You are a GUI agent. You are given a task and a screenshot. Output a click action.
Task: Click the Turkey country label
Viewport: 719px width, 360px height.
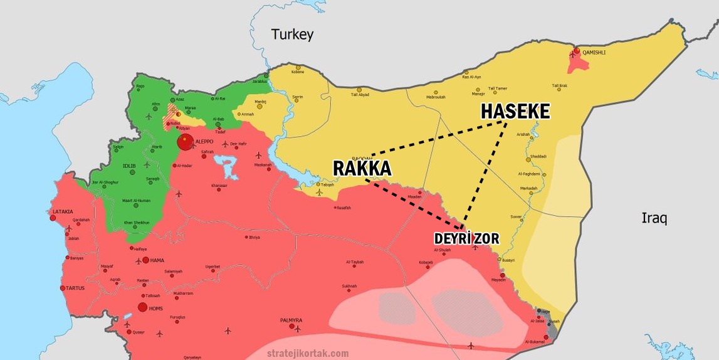[291, 34]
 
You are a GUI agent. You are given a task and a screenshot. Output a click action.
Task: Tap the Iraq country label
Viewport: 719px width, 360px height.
[654, 218]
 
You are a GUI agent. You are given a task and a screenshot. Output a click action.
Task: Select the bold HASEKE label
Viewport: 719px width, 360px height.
[515, 112]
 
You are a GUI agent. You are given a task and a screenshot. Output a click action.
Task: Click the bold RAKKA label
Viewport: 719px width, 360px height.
[362, 168]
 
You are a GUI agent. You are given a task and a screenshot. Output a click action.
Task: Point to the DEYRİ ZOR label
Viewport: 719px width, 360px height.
[466, 239]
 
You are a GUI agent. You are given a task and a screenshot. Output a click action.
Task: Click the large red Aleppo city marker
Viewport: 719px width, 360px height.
[185, 142]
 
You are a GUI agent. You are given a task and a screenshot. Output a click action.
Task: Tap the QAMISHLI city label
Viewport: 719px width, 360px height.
[594, 52]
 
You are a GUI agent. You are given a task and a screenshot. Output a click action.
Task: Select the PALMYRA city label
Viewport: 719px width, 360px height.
[291, 320]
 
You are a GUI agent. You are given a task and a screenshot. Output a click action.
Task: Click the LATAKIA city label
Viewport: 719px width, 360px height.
[63, 212]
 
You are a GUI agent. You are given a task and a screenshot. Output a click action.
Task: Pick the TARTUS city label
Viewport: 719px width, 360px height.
[75, 288]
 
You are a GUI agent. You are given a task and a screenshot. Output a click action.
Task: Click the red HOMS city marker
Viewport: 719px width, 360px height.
[142, 307]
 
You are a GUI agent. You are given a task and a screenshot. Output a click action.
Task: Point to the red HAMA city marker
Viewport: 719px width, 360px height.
[145, 260]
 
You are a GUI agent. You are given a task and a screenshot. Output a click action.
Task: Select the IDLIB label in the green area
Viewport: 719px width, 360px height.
[129, 166]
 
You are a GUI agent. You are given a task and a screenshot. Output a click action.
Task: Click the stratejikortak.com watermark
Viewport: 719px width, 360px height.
[308, 353]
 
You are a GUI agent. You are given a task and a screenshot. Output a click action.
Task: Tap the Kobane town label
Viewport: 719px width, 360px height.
[298, 71]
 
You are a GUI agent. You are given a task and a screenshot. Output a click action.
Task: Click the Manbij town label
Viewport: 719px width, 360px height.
[261, 102]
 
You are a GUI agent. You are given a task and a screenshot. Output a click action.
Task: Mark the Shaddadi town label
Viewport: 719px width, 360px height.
[538, 156]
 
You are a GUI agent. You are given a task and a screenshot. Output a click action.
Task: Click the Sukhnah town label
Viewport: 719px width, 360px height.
[349, 286]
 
